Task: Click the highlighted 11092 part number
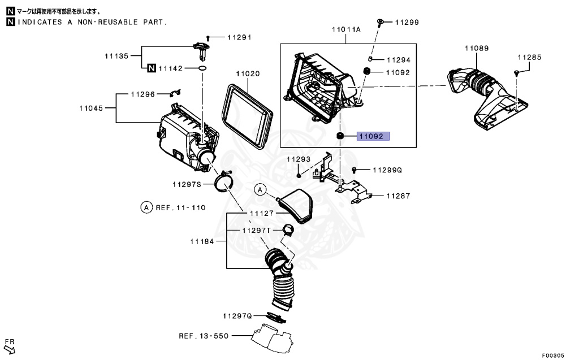[373, 136]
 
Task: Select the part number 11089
[477, 49]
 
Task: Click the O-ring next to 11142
[202, 68]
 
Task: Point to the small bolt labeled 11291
[208, 37]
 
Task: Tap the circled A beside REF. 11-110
[146, 207]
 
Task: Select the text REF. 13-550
[204, 336]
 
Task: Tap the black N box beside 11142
[151, 68]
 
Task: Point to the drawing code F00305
[552, 355]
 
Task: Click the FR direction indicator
[10, 344]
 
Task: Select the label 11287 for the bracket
[399, 196]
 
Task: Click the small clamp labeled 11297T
[287, 230]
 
